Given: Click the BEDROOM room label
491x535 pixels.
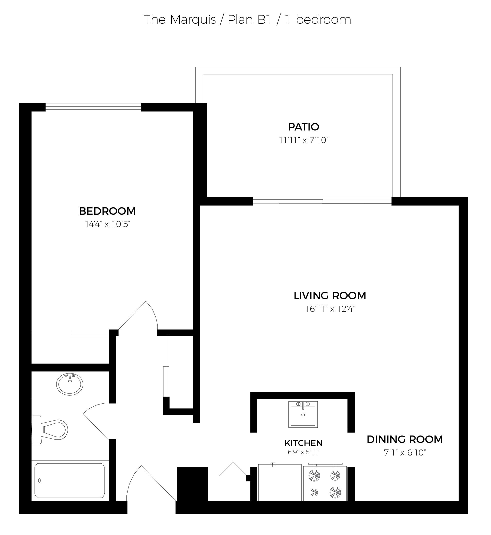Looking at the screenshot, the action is (x=107, y=211).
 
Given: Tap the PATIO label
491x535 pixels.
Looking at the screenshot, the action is (x=303, y=127).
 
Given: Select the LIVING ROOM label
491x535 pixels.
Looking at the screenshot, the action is (x=330, y=296).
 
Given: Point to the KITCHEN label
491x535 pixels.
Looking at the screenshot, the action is (x=303, y=443).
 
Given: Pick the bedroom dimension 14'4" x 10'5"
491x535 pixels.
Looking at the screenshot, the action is (x=107, y=224).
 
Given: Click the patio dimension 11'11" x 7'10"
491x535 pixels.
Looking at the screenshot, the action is (x=304, y=140).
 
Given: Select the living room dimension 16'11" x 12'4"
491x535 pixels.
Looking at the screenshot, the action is (x=330, y=309).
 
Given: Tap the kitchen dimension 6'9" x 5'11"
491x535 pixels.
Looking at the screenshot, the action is (x=303, y=452).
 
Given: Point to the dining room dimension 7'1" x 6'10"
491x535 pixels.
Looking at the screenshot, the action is (x=405, y=453).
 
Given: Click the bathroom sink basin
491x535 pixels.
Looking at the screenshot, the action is (x=69, y=384).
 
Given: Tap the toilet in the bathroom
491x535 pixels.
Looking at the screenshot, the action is (x=50, y=430).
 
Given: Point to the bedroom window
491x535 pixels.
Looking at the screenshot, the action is (x=93, y=107).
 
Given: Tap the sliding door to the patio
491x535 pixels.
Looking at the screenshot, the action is (x=322, y=201).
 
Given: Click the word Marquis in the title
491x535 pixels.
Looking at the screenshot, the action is (x=193, y=20).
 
